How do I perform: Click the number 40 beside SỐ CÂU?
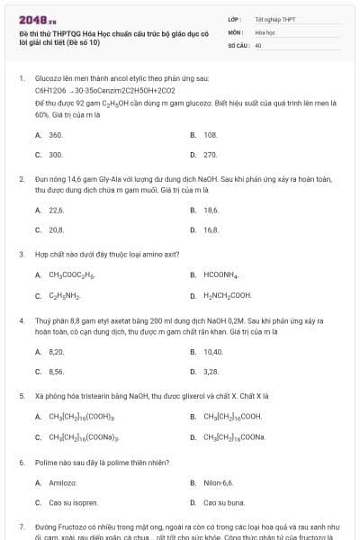258,43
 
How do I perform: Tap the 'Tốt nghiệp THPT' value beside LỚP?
274,19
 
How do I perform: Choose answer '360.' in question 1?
55,135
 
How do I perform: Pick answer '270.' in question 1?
211,155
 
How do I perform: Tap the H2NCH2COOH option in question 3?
228,295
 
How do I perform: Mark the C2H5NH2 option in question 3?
65,295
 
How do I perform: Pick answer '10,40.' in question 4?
213,351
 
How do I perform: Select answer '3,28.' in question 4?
211,371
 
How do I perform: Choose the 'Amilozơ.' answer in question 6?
62,482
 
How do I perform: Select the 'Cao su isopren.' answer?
70,502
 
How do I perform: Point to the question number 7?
22,524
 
